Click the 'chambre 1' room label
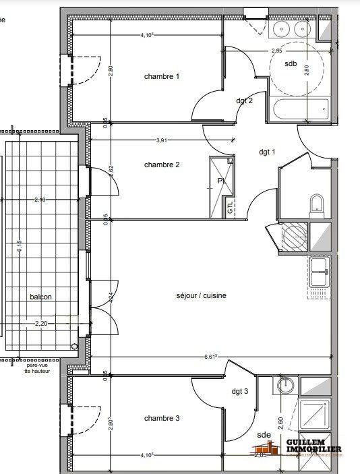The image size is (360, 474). [x=162, y=77]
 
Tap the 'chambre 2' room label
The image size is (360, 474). [x=162, y=165]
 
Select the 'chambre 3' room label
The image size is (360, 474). [x=162, y=418]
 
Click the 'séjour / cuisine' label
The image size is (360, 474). [x=202, y=295]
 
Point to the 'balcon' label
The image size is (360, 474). [x=40, y=297]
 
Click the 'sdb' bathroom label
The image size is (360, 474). [x=291, y=64]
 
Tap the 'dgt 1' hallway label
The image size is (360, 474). [x=268, y=152]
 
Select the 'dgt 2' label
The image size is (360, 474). [x=244, y=101]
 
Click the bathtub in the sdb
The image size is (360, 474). [x=299, y=108]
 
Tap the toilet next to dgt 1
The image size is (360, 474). [x=317, y=204]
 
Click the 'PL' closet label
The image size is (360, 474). [x=221, y=181]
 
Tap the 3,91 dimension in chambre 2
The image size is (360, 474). [x=162, y=141]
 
